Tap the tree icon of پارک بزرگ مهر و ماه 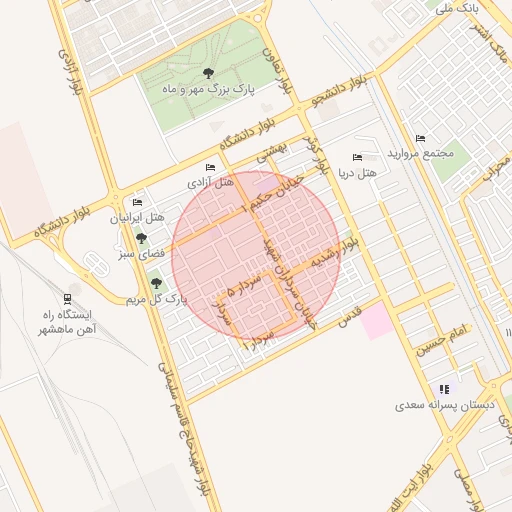[208, 73]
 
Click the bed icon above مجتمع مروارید [420, 138]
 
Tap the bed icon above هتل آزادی [210, 167]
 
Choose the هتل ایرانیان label [138, 218]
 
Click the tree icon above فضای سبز [141, 239]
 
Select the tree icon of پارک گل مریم [155, 283]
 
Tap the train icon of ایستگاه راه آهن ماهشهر [67, 298]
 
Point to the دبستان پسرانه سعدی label [438, 406]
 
